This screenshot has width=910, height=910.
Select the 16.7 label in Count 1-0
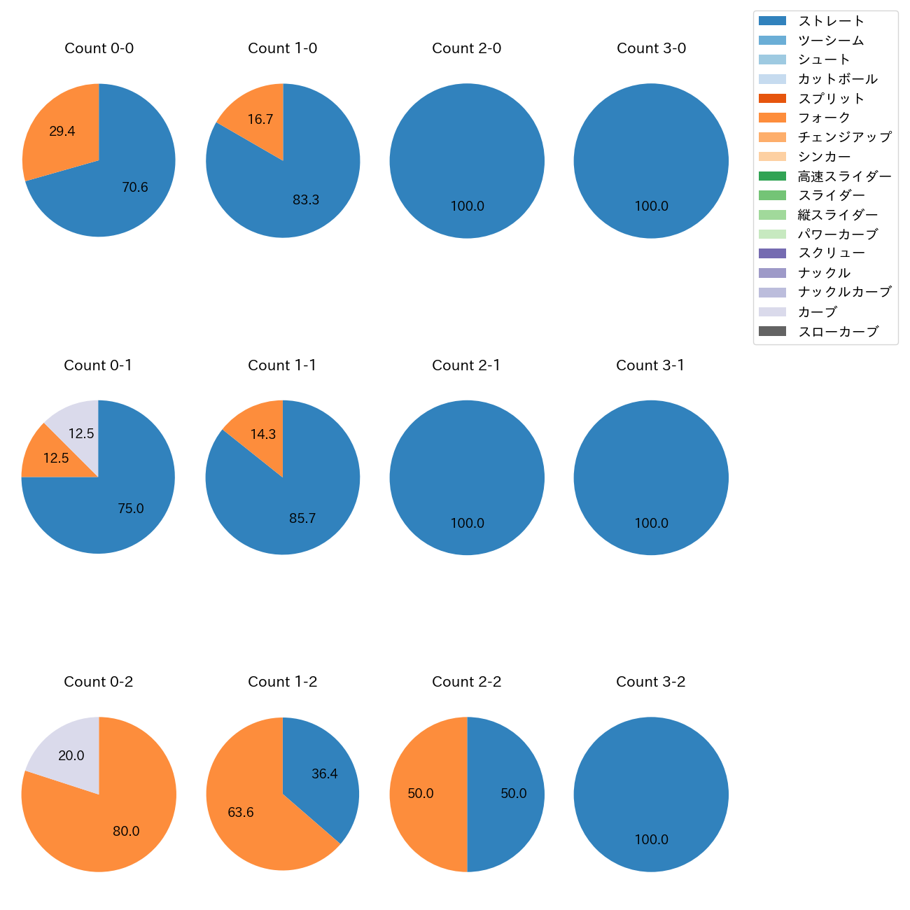coord(260,120)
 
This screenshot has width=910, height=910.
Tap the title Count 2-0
coord(466,48)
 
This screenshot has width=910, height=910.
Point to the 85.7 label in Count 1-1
coord(302,519)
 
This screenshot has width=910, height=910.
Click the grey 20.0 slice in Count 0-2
coord(70,755)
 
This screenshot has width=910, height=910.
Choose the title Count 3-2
coord(650,682)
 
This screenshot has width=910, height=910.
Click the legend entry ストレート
coord(831,21)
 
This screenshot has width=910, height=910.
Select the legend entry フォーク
coord(824,118)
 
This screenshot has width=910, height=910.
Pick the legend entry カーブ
coord(817,312)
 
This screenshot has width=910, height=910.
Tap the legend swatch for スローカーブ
coord(772,332)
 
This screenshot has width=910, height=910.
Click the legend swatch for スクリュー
coord(772,253)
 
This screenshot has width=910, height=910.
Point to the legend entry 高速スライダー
coord(844,176)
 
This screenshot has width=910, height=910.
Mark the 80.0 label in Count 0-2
coord(126,832)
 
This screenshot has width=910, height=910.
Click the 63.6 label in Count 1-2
coord(241,813)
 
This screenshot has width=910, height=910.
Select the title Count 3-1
coord(650,365)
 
